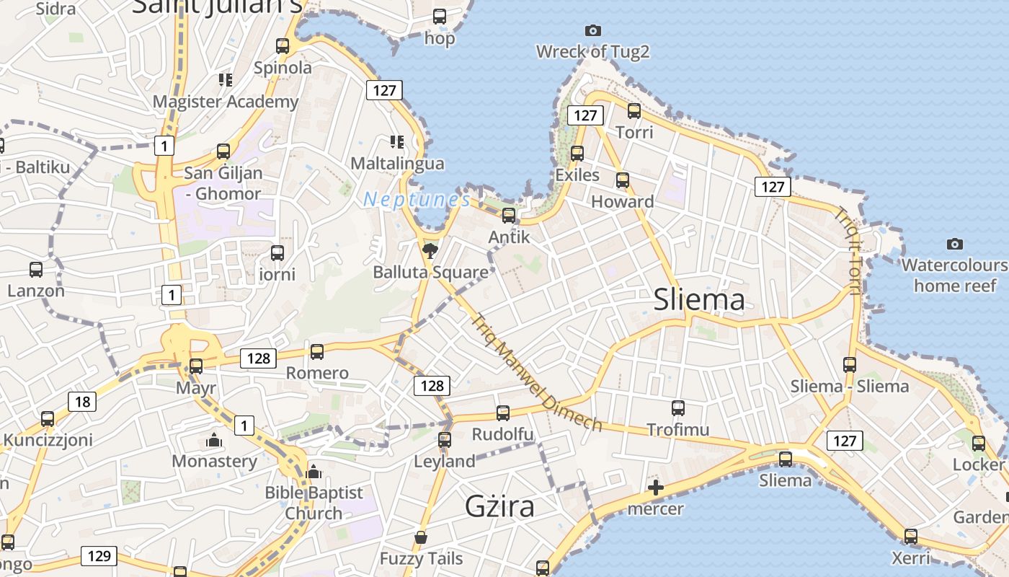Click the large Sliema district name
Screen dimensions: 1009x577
[698, 299]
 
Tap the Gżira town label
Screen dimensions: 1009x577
[499, 506]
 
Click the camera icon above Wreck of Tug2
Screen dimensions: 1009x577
[593, 30]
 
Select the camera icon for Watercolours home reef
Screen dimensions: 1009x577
[955, 244]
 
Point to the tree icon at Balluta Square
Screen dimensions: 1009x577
[430, 251]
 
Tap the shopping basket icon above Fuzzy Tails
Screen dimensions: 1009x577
[421, 537]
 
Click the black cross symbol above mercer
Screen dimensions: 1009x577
[656, 488]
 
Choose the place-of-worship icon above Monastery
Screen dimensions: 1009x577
[214, 440]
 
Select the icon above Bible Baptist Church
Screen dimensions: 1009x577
[314, 472]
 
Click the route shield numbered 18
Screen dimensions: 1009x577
[82, 402]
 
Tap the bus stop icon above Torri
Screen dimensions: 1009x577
[634, 111]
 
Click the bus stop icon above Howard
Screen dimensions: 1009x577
[623, 180]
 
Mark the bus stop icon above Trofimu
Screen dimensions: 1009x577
[678, 408]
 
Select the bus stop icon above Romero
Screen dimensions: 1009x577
[317, 352]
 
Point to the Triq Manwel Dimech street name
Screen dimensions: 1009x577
[537, 372]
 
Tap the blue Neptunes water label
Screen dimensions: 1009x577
[417, 200]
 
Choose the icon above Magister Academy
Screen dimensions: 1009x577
[226, 79]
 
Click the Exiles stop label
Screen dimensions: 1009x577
[577, 175]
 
